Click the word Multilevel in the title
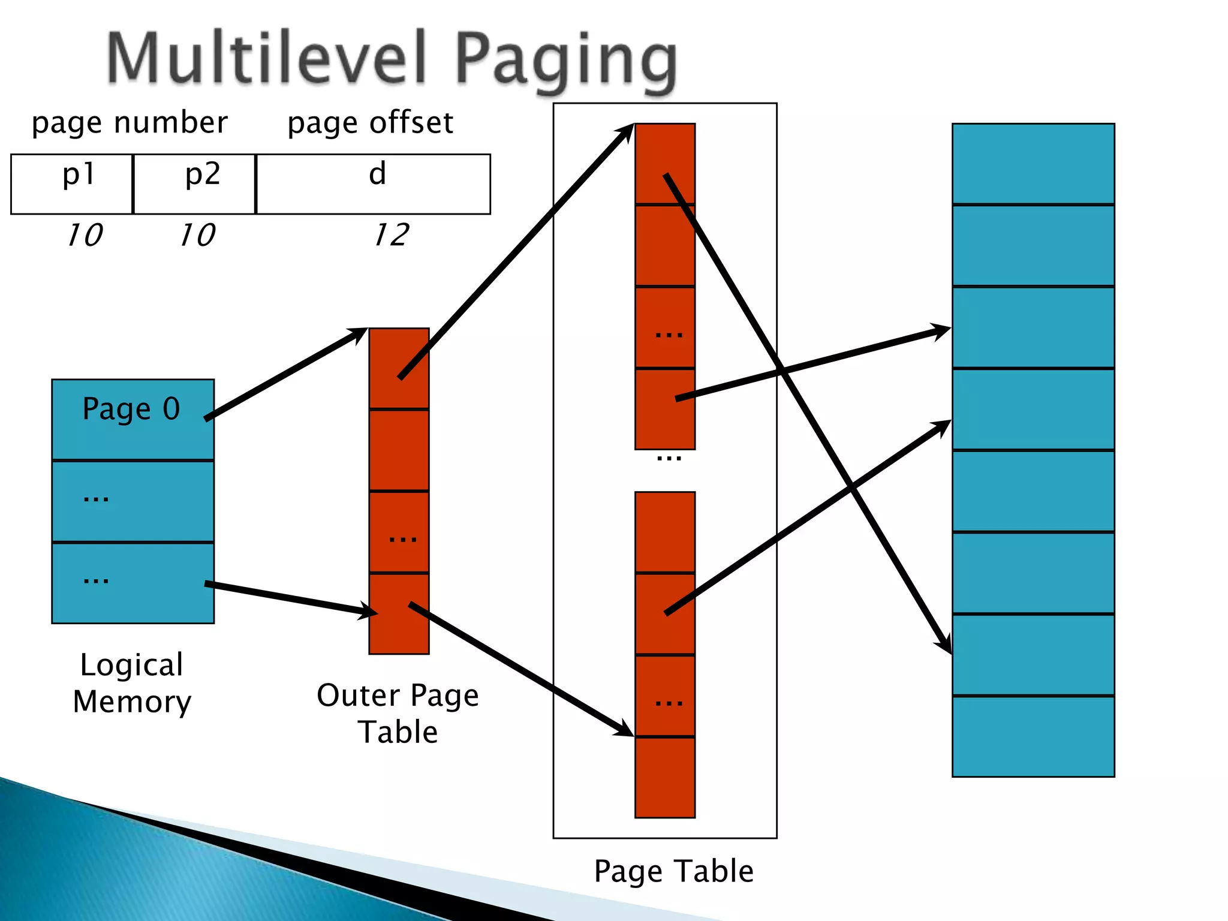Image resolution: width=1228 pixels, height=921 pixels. tap(267, 58)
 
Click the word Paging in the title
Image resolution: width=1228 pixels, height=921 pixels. tap(566, 60)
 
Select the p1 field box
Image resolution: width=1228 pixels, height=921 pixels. tap(72, 183)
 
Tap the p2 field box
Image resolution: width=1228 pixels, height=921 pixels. tap(194, 183)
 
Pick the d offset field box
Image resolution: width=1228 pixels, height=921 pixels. tap(373, 183)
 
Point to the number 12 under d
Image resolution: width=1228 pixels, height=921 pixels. tap(391, 234)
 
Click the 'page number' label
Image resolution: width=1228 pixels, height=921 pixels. tap(130, 123)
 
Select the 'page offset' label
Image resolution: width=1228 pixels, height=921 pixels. tap(370, 123)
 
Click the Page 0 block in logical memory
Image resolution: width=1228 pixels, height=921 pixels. tap(133, 419)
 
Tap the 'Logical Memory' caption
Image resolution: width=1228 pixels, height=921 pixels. tap(132, 683)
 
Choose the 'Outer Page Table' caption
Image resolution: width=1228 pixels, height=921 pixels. tap(398, 714)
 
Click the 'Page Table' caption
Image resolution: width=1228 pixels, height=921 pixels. tap(673, 871)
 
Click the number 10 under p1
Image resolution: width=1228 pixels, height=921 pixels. tap(85, 234)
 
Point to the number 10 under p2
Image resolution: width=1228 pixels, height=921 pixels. tap(197, 234)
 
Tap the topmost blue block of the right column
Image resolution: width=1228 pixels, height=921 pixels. tap(1033, 163)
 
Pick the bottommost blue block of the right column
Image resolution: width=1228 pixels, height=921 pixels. tap(1033, 736)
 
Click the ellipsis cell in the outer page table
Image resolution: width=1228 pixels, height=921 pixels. tap(399, 532)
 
